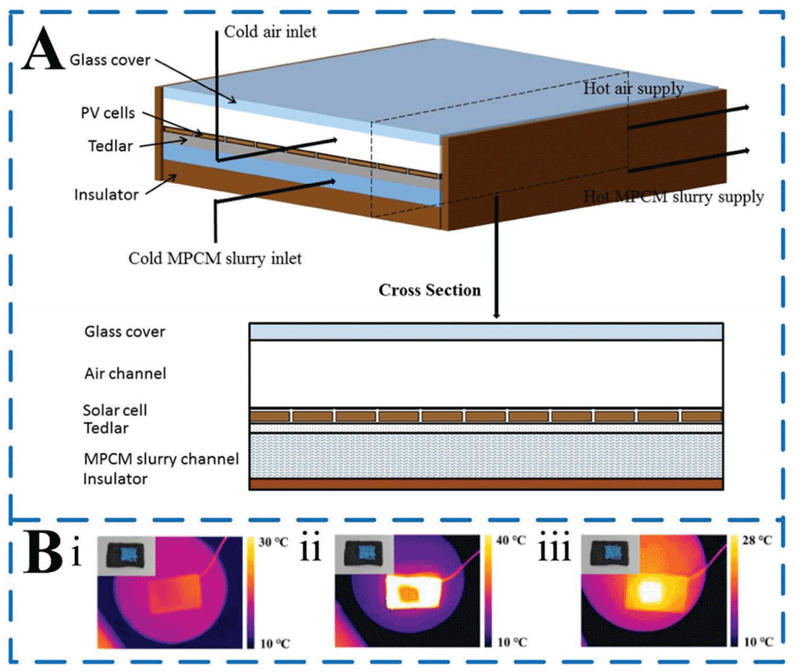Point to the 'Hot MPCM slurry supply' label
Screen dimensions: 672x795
pyautogui.click(x=673, y=197)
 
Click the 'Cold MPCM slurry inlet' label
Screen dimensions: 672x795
pyautogui.click(x=215, y=257)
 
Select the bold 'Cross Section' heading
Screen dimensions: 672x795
pyautogui.click(x=430, y=291)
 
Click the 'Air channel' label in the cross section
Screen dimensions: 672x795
pyautogui.click(x=125, y=373)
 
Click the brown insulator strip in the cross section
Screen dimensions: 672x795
pyautogui.click(x=486, y=484)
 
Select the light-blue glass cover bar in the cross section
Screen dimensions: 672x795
pyautogui.click(x=486, y=331)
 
